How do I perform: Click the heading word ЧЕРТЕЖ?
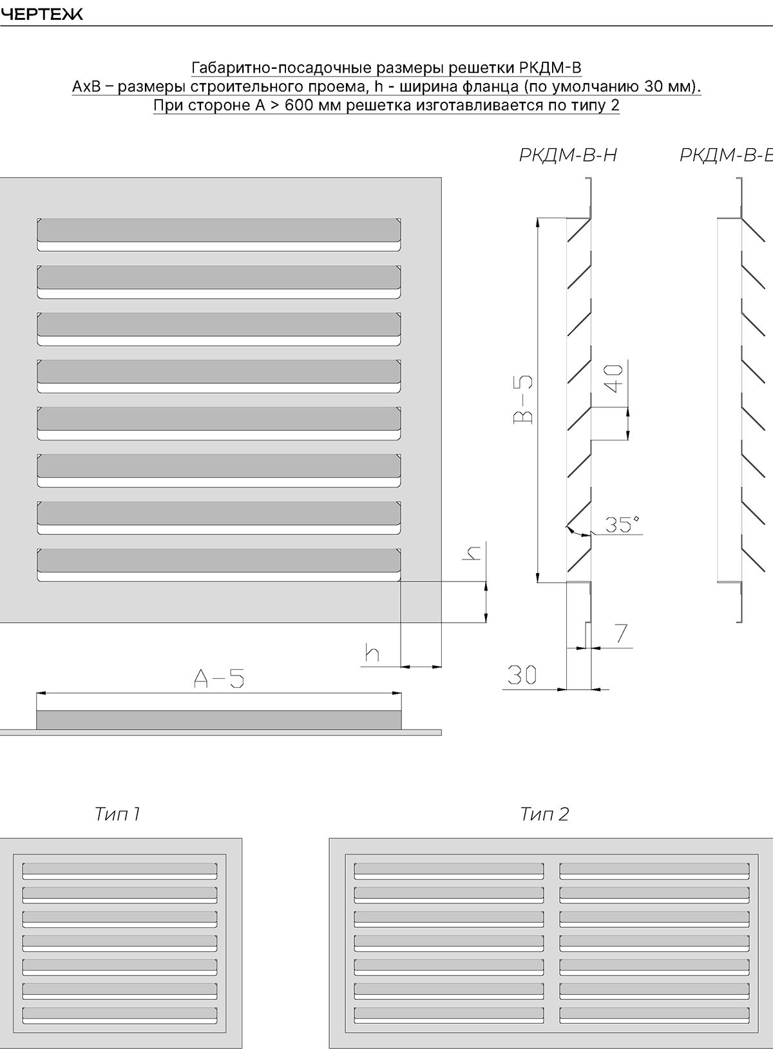coord(41,15)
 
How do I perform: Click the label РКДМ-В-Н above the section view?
coord(568,155)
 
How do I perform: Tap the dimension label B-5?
coord(524,399)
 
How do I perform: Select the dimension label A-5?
coord(219,678)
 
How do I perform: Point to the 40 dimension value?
coord(616,379)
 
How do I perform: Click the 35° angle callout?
coord(623,524)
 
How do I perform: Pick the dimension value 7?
coord(621,634)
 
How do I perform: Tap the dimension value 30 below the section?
coord(522,675)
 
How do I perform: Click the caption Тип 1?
coord(117,814)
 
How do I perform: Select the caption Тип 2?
coord(544,814)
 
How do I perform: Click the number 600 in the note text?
coord(299,106)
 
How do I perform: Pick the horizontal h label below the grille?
coord(372,652)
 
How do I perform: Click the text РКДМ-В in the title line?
coord(551,68)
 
